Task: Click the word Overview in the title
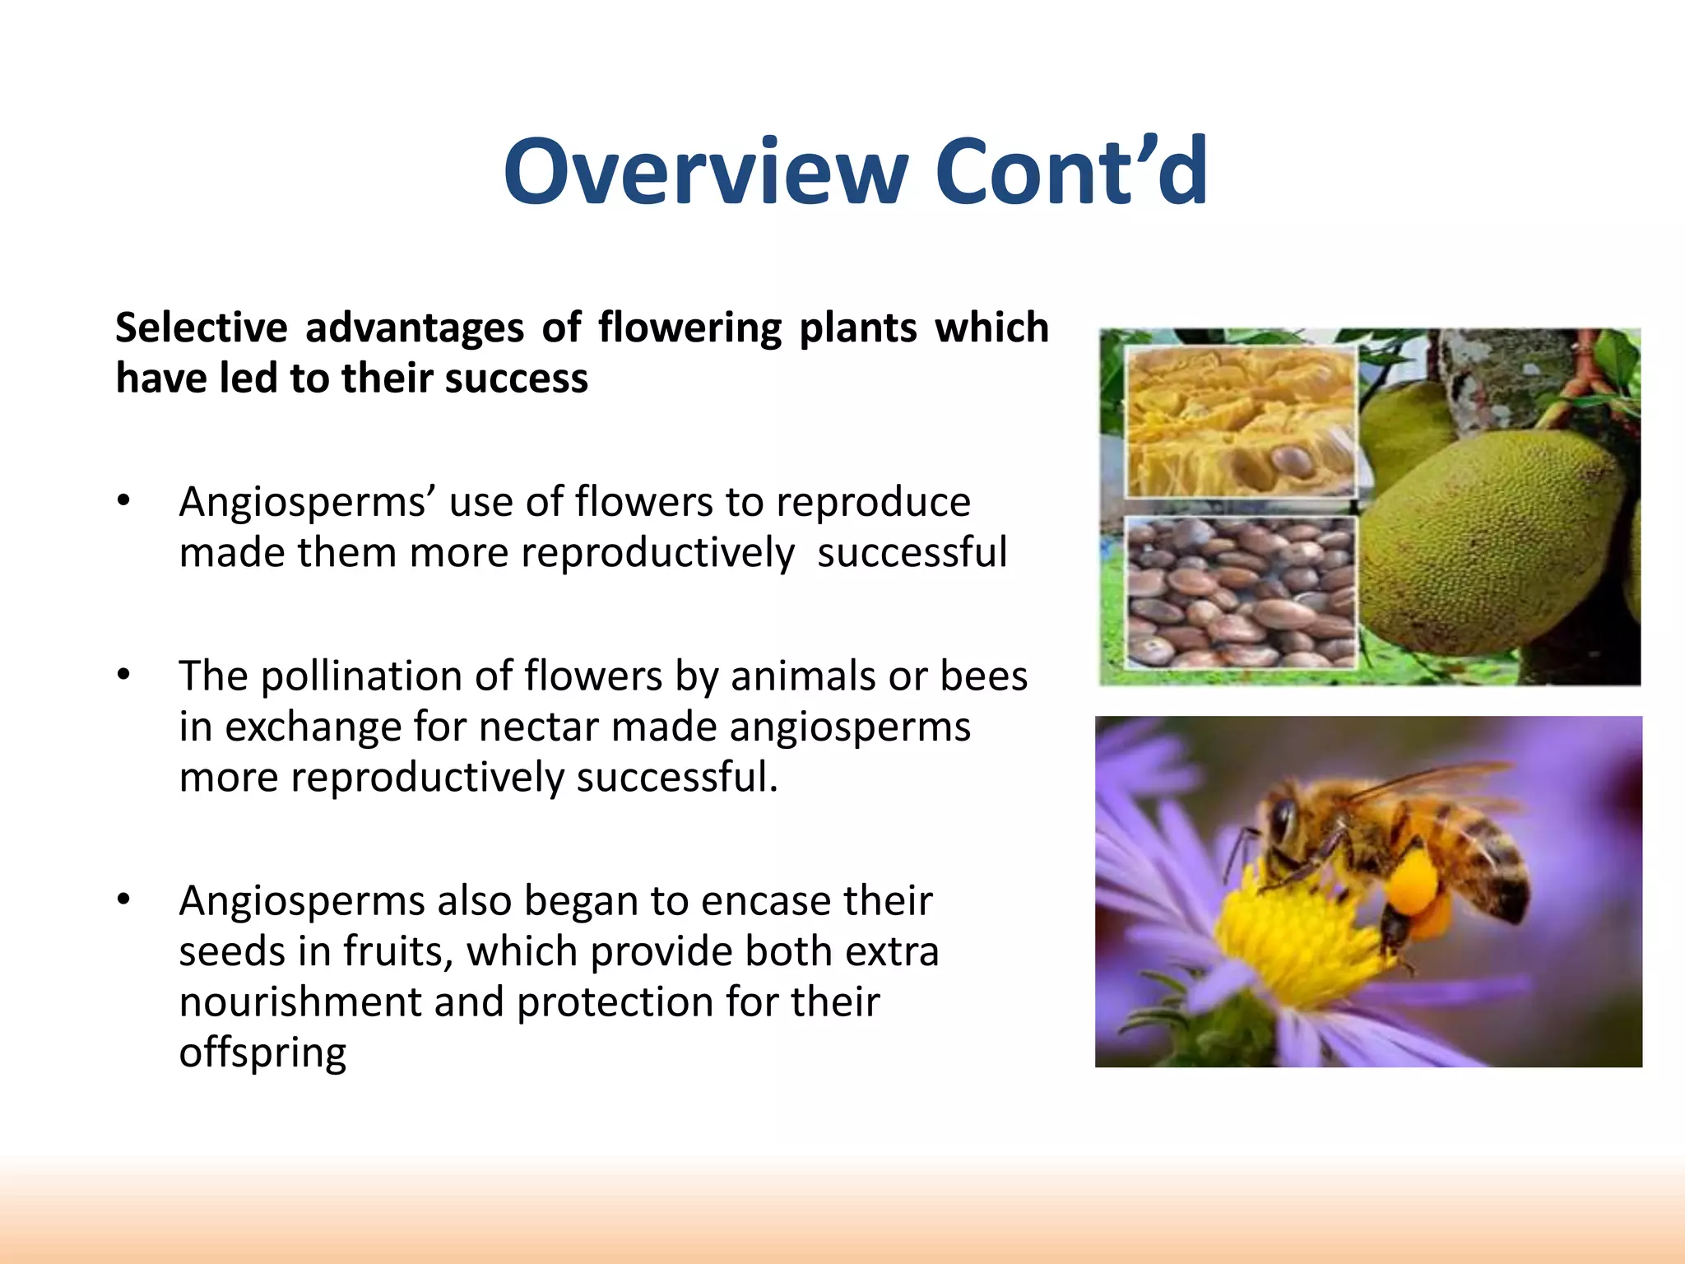705,172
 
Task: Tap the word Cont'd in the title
1071,172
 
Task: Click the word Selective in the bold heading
201,328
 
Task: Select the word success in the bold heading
517,379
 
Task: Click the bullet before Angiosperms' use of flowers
123,500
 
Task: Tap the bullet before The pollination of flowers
123,675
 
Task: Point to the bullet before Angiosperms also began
123,899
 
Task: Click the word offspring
262,1053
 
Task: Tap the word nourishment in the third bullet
300,1001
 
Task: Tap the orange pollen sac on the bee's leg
1413,885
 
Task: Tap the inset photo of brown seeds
1240,592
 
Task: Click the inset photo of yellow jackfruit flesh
1240,421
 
